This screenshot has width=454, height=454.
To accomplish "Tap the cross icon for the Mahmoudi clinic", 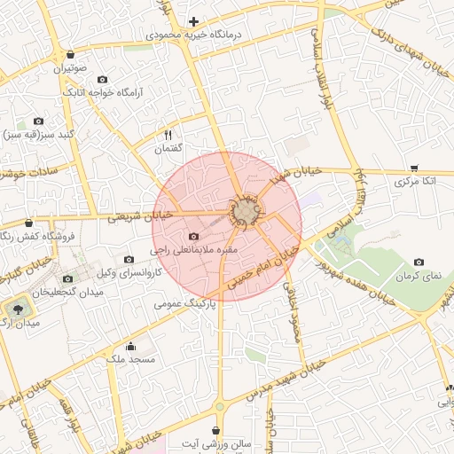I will [x=193, y=21].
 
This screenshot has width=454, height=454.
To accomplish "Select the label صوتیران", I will [x=68, y=68].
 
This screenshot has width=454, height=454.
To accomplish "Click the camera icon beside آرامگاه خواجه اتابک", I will [x=101, y=80].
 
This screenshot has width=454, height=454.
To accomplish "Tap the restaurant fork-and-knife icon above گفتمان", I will [x=168, y=135].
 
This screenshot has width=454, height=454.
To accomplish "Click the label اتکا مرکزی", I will [x=415, y=181].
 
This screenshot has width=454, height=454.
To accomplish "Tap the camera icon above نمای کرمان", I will [x=419, y=262].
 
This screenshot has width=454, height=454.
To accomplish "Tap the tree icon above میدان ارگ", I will [x=15, y=309].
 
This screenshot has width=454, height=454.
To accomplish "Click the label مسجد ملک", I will [x=130, y=359].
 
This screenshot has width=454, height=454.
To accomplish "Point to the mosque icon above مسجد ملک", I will [x=131, y=346].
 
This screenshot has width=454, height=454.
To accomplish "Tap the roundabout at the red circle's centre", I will [x=246, y=212].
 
